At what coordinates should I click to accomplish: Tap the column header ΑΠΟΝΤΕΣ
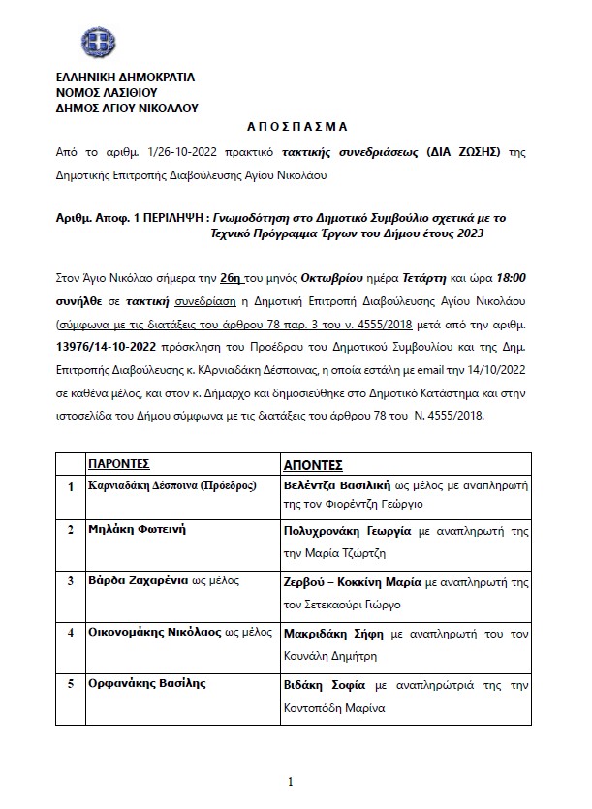click(313, 464)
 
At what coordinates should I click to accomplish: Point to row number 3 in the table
click(70, 581)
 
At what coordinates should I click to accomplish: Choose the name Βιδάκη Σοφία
click(320, 682)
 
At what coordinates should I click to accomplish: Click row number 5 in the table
click(70, 682)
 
